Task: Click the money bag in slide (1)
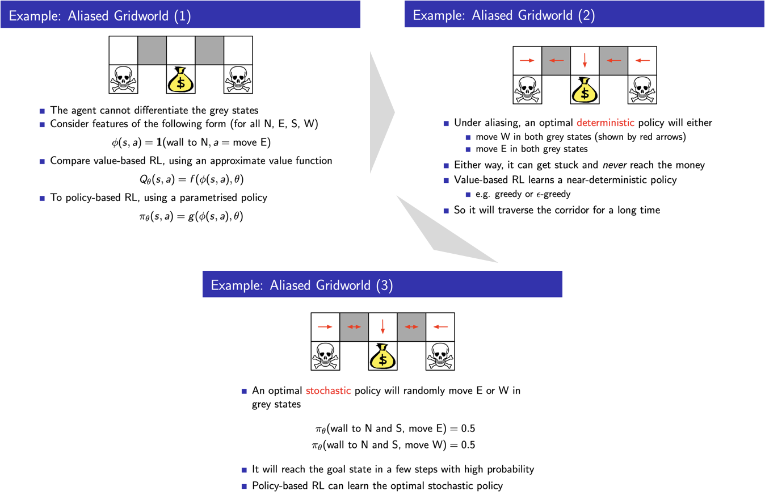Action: tap(181, 80)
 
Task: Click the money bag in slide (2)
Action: tap(585, 90)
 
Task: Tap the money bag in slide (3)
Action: tap(382, 356)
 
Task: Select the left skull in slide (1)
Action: tap(123, 79)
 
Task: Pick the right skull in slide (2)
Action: tap(642, 90)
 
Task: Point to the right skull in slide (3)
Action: tap(440, 356)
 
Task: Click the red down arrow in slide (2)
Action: tap(585, 60)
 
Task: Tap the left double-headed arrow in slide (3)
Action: tap(354, 326)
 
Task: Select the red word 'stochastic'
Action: tap(328, 391)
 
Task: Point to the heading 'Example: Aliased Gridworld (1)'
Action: tap(100, 15)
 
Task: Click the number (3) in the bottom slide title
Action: tap(384, 285)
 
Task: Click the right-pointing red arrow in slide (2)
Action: tap(527, 60)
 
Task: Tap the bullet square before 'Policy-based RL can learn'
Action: tap(245, 486)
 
